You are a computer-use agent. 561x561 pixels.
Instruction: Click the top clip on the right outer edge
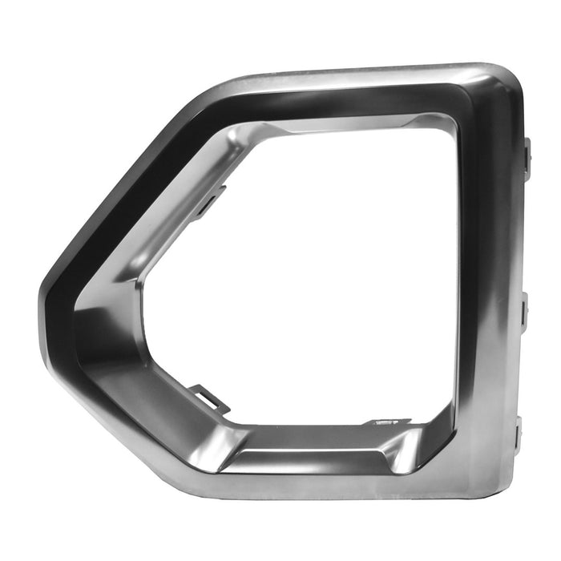click(527, 155)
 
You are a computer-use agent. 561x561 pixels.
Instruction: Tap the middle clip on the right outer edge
click(525, 309)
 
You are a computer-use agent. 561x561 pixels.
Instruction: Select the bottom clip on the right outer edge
click(519, 433)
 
